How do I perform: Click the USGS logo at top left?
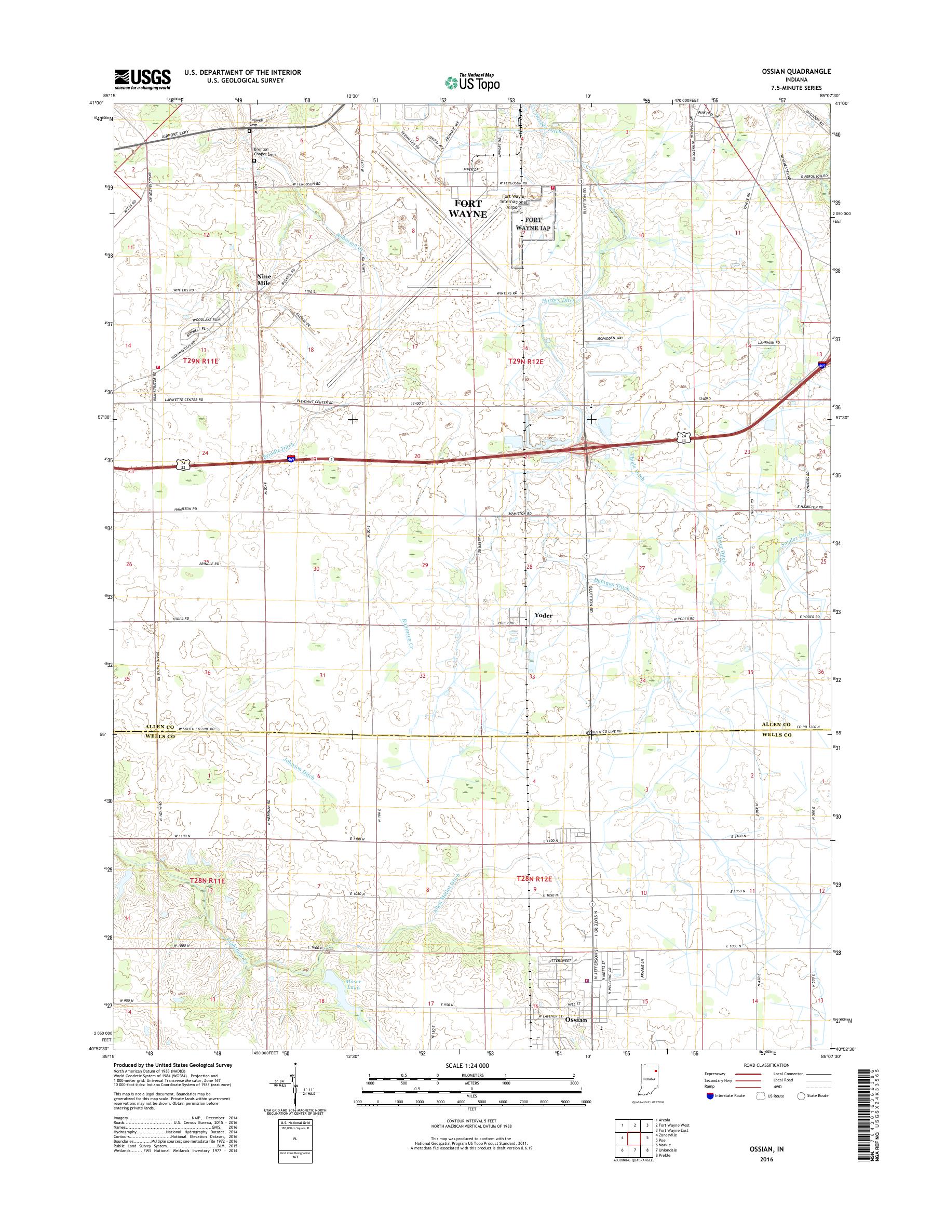pos(142,79)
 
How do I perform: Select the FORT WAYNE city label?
pos(467,209)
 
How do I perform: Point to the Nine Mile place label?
pos(264,279)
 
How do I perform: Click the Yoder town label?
pos(543,615)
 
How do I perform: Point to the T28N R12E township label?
pos(535,878)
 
